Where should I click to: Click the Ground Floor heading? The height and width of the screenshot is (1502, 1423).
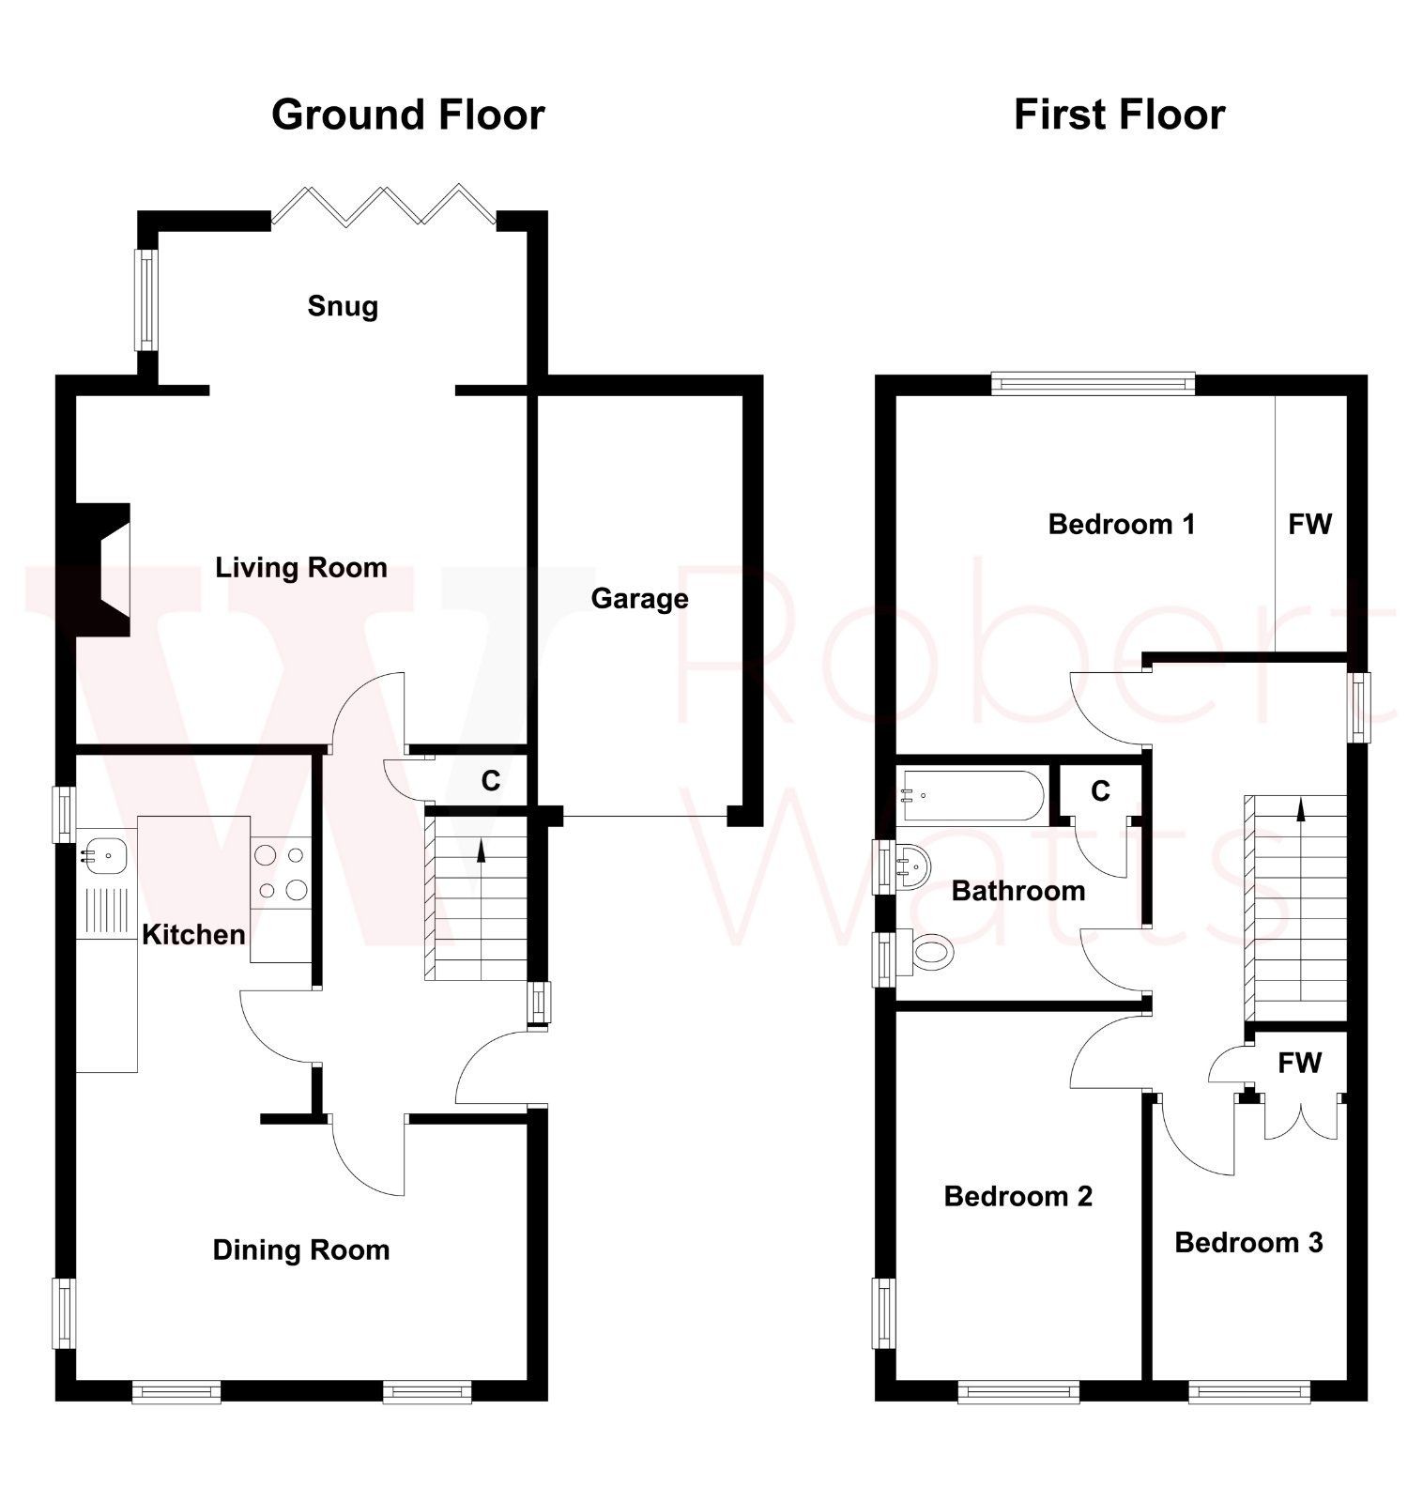tap(407, 115)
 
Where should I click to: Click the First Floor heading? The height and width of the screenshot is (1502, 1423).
tap(1119, 115)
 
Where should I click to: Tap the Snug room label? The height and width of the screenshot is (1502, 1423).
tap(343, 306)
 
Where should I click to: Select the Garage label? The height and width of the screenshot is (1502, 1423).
tap(639, 599)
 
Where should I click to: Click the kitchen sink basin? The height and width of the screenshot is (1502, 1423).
tap(105, 854)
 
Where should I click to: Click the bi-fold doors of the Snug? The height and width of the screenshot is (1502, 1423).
tap(383, 205)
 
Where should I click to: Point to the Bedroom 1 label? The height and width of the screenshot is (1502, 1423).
tap(1121, 524)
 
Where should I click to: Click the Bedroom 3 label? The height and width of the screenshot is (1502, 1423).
tap(1248, 1243)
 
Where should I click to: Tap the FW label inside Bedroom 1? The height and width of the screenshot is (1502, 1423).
tap(1309, 524)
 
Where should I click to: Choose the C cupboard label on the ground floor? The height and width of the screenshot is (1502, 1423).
tap(490, 781)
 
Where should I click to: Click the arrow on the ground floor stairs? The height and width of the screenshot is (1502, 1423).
tap(482, 851)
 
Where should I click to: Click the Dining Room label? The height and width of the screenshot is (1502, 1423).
tap(300, 1250)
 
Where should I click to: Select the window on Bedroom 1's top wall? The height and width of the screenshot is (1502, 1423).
tap(1093, 382)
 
